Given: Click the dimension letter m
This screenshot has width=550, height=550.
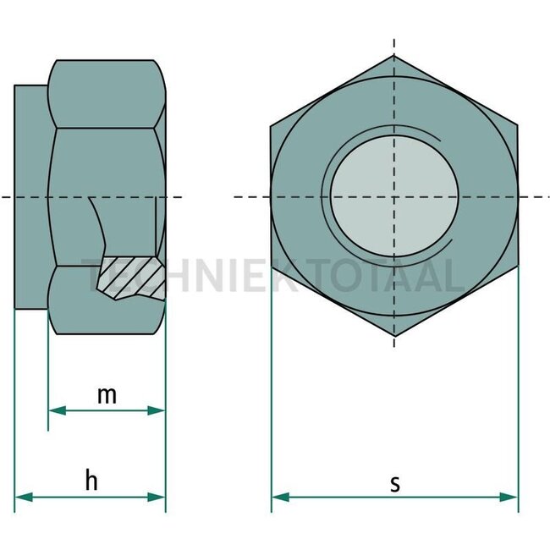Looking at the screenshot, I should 106,394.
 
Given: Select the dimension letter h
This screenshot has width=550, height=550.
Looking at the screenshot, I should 91,481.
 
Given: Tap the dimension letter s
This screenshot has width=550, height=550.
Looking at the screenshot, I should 394,483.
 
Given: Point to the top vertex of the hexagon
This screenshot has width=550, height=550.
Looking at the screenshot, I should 394,56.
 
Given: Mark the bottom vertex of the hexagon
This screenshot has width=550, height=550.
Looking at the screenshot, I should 394,337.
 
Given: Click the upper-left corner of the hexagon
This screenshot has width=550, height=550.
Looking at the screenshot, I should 272,127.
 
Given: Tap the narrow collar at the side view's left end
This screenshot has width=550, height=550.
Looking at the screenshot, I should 31,196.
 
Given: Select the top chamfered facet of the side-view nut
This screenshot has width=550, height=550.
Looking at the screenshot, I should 106,93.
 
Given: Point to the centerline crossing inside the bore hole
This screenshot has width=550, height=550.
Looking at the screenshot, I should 394,197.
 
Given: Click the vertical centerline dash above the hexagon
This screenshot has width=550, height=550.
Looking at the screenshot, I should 394,44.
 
